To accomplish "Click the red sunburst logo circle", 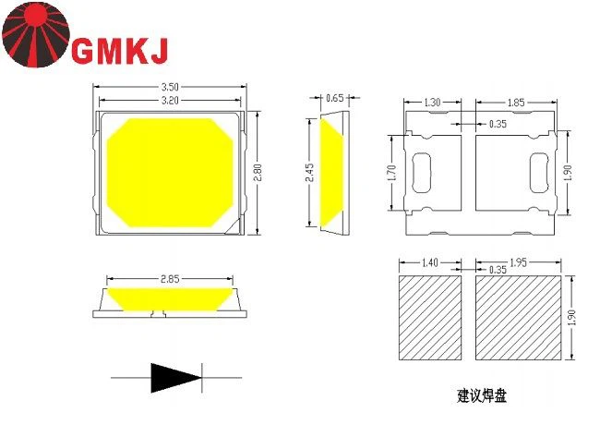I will [35, 34].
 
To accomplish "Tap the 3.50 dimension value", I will [169, 87].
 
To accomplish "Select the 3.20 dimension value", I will [169, 99].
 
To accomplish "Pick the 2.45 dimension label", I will [311, 173].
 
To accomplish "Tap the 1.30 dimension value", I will [432, 103].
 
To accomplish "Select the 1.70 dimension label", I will [392, 172].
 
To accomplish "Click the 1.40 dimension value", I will [429, 263].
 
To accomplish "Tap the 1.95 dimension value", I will [518, 263].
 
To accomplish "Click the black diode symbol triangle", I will [175, 377].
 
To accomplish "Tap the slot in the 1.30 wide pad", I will [422, 172].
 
